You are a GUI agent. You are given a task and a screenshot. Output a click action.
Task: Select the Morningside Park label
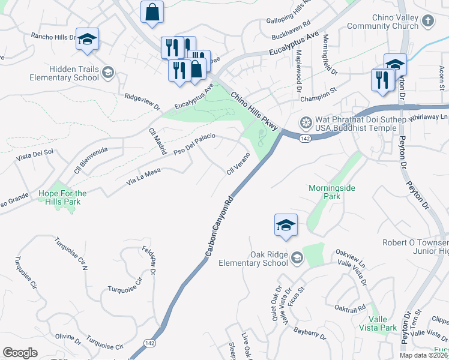point(332,192)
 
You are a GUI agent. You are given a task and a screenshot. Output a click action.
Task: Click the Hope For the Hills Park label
point(62,197)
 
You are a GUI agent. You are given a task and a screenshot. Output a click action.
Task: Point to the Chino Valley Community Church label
point(382,22)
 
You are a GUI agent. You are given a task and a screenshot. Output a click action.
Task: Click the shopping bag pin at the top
point(152,12)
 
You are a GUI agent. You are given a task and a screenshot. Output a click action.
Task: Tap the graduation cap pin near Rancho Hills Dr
point(88,40)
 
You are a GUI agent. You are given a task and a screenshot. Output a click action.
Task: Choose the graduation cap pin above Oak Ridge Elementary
point(286,226)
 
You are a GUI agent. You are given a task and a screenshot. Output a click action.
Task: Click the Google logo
point(20,353)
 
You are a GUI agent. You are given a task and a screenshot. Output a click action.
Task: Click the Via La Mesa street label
point(142,175)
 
